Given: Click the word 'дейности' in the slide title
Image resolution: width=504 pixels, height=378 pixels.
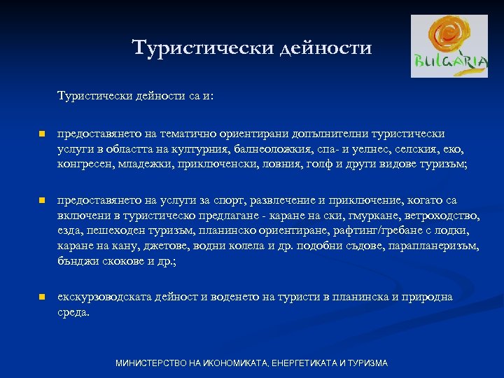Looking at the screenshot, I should [x=325, y=48].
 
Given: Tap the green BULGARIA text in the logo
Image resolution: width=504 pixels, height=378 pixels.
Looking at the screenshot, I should [x=449, y=61].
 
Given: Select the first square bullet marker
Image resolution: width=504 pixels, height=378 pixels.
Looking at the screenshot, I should [x=42, y=133].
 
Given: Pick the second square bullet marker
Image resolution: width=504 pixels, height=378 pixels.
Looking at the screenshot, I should [x=42, y=200].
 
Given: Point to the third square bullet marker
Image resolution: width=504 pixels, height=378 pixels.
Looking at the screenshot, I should [x=42, y=297].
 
